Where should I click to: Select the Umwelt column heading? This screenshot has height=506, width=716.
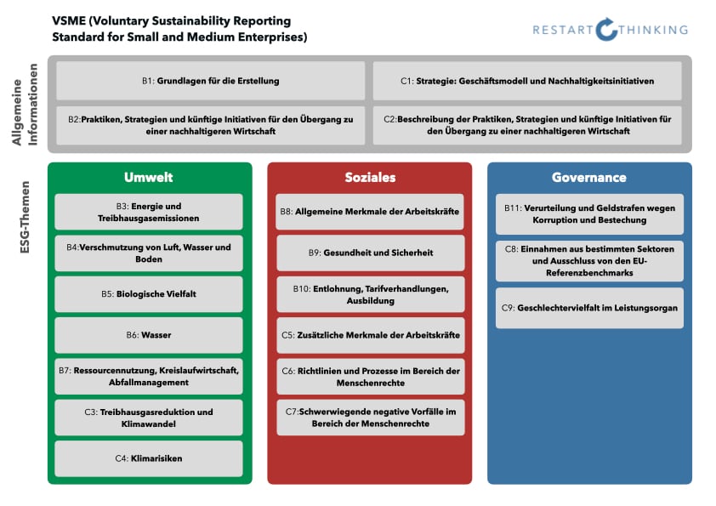[x=149, y=178]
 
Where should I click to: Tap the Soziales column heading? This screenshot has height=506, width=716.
[x=370, y=178]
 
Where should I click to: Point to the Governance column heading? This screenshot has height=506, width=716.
[x=589, y=178]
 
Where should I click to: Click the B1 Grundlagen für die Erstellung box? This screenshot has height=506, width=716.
[x=211, y=81]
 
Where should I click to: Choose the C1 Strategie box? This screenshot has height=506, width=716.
[x=527, y=81]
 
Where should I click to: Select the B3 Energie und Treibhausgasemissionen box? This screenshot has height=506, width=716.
[x=149, y=212]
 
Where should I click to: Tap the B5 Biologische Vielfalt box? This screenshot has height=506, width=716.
[x=149, y=294]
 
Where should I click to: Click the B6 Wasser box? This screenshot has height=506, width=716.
[x=149, y=335]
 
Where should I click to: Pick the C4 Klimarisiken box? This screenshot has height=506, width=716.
[x=149, y=458]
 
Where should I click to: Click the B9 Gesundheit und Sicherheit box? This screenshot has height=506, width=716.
[x=370, y=253]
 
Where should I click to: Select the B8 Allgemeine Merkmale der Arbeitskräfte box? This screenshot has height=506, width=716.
[x=370, y=212]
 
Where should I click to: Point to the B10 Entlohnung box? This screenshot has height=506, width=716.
[x=370, y=294]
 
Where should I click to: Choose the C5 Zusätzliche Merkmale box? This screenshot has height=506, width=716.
[x=370, y=335]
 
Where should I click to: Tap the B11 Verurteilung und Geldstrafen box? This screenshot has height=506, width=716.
[x=589, y=214]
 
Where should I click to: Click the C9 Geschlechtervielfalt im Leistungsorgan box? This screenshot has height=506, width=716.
[x=589, y=308]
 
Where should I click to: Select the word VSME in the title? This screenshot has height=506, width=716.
[x=69, y=20]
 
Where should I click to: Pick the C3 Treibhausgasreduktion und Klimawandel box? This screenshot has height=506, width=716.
[x=149, y=418]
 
